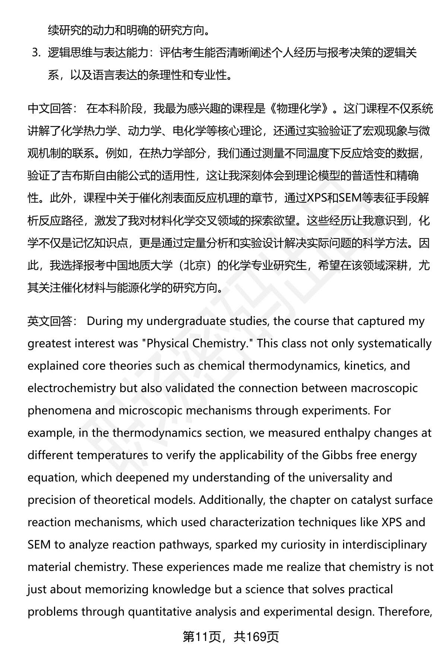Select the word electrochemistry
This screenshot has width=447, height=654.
pos(72,388)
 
